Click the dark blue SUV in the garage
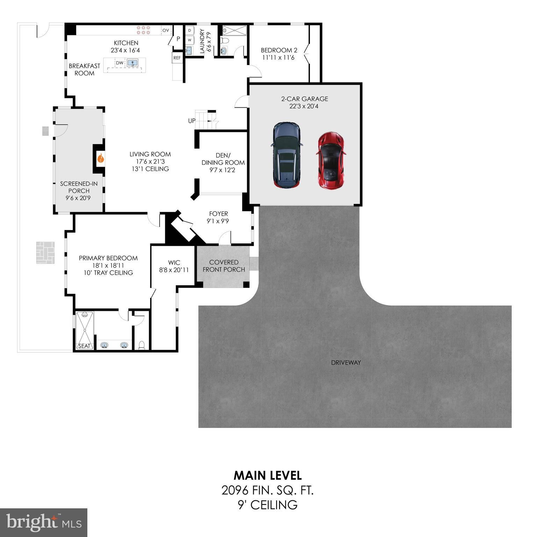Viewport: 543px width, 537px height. pos(287,155)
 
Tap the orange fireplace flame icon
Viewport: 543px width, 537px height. pos(100,158)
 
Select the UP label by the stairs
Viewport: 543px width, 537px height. pos(192,121)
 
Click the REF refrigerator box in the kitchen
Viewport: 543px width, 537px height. pos(177,58)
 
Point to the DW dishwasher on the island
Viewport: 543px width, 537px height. pos(120,63)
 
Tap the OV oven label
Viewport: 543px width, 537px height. pos(166,30)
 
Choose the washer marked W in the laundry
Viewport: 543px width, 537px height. pos(189,40)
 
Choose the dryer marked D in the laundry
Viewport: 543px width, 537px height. pos(189,30)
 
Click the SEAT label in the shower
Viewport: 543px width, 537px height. pos(84,346)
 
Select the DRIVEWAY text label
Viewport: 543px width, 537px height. pos(346,363)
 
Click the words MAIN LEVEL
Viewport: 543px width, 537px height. pos(268,475)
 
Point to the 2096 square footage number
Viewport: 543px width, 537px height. pos(235,491)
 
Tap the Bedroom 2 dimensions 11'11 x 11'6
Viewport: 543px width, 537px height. pos(278,58)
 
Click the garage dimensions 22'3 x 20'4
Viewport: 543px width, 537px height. pos(304,106)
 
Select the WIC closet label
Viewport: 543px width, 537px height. pos(174,263)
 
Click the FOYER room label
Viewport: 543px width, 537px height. pos(218,214)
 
